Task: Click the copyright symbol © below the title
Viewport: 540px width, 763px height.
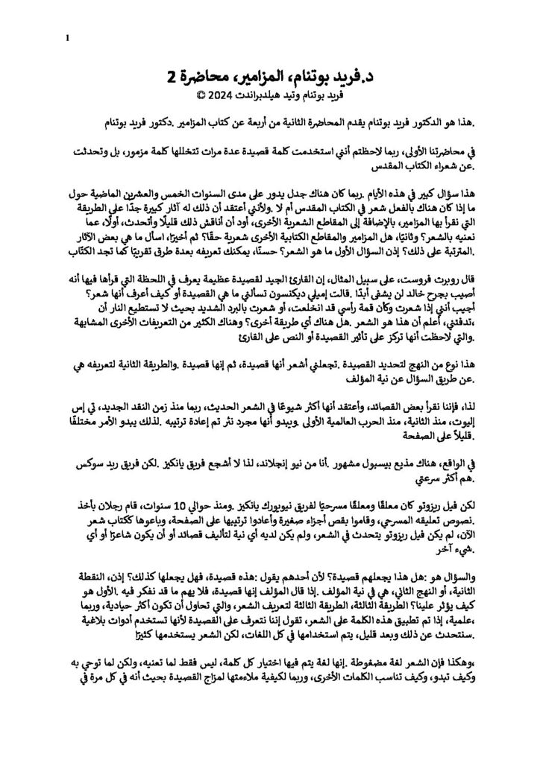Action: (200, 96)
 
